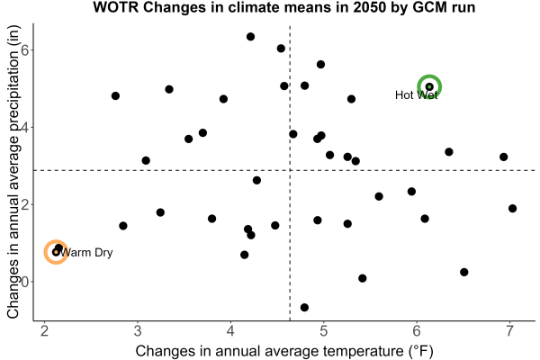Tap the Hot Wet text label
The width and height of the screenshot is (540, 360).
(416, 95)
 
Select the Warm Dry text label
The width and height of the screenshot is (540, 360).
(85, 253)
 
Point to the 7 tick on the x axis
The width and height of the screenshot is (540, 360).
(509, 331)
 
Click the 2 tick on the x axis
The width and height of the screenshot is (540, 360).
(44, 331)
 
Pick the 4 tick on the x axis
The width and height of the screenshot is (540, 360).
(230, 331)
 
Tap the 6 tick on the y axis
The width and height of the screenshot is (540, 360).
(25, 50)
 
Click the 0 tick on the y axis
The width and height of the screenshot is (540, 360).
(25, 282)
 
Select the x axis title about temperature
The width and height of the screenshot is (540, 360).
(284, 351)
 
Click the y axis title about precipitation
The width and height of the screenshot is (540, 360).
(13, 172)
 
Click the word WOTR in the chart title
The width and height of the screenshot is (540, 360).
(116, 7)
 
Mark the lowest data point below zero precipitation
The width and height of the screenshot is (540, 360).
(304, 307)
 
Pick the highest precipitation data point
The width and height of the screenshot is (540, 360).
(251, 37)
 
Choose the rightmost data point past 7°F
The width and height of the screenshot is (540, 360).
(512, 209)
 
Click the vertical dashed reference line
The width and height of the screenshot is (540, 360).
(290, 173)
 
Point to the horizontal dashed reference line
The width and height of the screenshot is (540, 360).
(284, 170)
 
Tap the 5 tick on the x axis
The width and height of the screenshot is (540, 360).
(323, 331)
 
